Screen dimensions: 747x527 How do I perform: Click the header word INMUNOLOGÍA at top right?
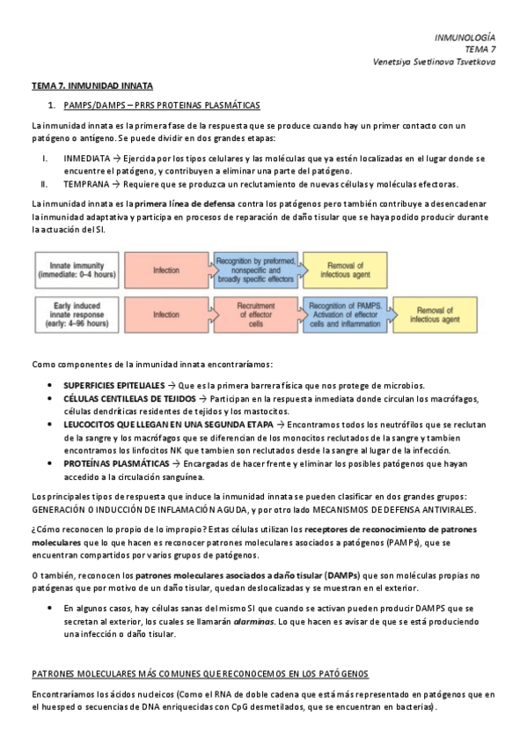click(x=465, y=37)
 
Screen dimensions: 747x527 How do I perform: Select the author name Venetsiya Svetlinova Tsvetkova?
click(x=435, y=62)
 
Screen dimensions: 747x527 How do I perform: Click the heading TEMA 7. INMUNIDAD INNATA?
click(x=92, y=86)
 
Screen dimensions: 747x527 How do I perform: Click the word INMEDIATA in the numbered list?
click(x=85, y=159)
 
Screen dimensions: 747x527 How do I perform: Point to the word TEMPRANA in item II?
click(x=86, y=184)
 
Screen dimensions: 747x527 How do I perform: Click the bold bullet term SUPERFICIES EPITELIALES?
click(x=113, y=386)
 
